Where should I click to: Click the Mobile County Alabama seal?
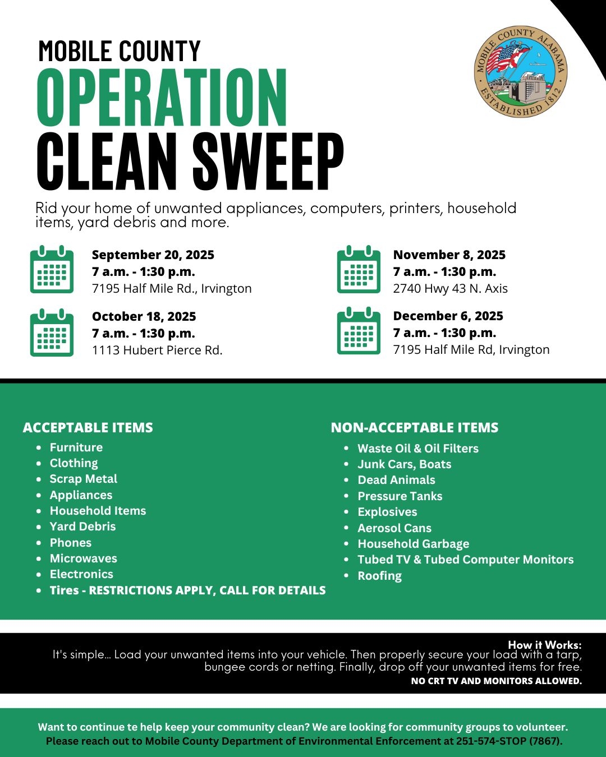click(x=520, y=72)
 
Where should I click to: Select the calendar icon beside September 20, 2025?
click(x=52, y=270)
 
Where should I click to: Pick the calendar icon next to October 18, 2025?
click(x=52, y=333)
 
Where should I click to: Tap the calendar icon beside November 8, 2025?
click(x=359, y=270)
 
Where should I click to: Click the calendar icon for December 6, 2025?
click(x=359, y=331)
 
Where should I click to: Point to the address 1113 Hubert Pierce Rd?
click(x=157, y=350)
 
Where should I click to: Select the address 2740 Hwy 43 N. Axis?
click(x=450, y=289)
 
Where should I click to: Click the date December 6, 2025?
click(x=448, y=316)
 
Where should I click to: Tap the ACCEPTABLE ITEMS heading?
click(x=88, y=428)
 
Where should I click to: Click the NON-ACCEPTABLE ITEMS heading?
click(x=414, y=428)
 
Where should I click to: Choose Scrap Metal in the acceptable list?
click(x=84, y=479)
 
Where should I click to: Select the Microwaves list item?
click(x=84, y=558)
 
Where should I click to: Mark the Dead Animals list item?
click(x=396, y=480)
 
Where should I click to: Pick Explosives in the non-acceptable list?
click(x=387, y=512)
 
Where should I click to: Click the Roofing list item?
click(x=379, y=576)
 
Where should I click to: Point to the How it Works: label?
click(x=544, y=645)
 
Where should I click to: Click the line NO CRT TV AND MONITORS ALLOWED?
click(x=496, y=681)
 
